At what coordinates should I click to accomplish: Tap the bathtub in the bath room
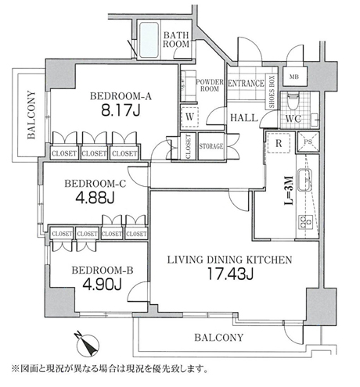[149, 40]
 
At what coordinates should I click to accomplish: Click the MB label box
[294, 77]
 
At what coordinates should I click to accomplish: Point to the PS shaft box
[308, 142]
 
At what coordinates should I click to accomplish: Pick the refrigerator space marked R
[279, 143]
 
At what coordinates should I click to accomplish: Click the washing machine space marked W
[189, 117]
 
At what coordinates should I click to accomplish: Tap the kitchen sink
[304, 180]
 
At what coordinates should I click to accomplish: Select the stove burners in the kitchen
[305, 222]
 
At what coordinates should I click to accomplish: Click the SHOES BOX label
[272, 91]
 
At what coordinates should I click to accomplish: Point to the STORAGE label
[211, 146]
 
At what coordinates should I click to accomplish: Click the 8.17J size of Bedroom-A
[121, 111]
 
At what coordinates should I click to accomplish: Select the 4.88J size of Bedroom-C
[95, 198]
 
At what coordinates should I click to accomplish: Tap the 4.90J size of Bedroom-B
[103, 284]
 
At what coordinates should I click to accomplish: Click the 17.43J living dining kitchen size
[230, 274]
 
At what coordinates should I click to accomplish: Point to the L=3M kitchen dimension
[289, 191]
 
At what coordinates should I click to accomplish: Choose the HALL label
[244, 118]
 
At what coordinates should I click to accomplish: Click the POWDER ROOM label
[210, 85]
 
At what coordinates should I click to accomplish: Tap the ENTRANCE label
[246, 84]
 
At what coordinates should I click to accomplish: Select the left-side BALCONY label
[31, 115]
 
